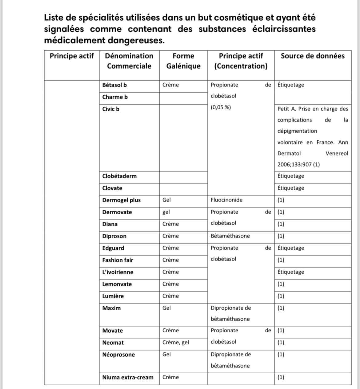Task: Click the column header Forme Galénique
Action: pyautogui.click(x=183, y=61)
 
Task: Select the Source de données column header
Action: pyautogui.click(x=313, y=56)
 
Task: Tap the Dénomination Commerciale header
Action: pyautogui.click(x=129, y=61)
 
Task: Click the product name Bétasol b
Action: pyautogui.click(x=114, y=85)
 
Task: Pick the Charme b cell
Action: pyautogui.click(x=115, y=97)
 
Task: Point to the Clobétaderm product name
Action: pyautogui.click(x=119, y=176)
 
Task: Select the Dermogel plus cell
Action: pyautogui.click(x=121, y=200)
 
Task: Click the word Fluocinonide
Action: pyautogui.click(x=226, y=200)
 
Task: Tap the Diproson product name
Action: pyautogui.click(x=114, y=236)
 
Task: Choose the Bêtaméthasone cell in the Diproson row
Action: pyautogui.click(x=230, y=236)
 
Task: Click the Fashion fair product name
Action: pyautogui.click(x=118, y=260)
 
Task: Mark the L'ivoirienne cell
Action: pyautogui.click(x=118, y=272)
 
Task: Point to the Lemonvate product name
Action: pyautogui.click(x=117, y=284)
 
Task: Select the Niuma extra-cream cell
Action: pyautogui.click(x=128, y=377)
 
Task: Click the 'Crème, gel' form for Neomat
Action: pyautogui.click(x=176, y=343)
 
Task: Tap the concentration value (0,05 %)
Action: pyautogui.click(x=221, y=107)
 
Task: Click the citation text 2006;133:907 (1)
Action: pyautogui.click(x=298, y=164)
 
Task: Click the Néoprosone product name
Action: pyautogui.click(x=118, y=355)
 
